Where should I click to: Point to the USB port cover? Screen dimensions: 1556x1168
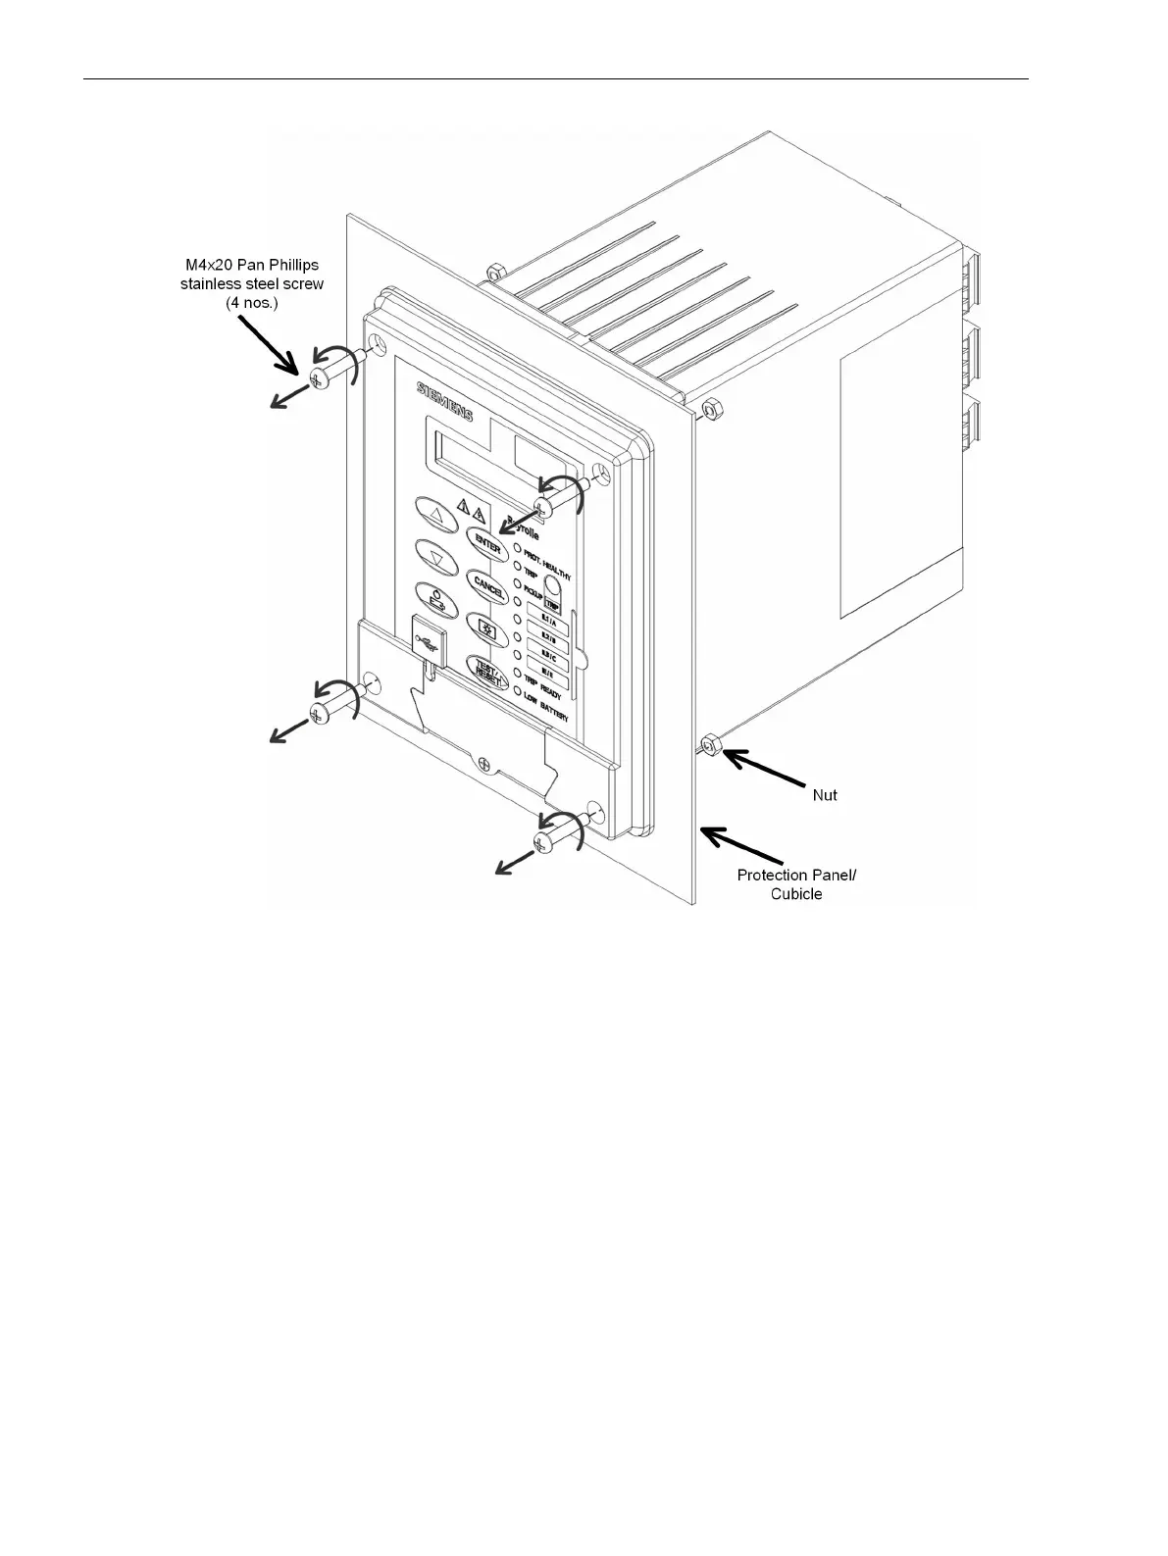[x=428, y=638]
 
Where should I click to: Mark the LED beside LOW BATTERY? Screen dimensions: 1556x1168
[x=516, y=690]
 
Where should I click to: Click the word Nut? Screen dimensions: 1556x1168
[x=825, y=795]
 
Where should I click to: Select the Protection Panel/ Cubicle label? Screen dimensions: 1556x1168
[x=796, y=883]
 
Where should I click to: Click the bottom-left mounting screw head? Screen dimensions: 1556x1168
[x=319, y=713]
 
